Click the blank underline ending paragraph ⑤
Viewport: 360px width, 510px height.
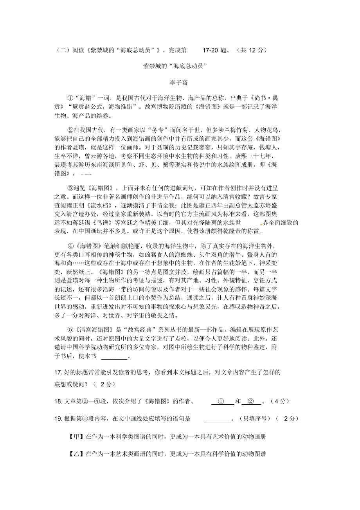click(x=114, y=357)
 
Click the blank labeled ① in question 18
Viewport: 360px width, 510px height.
click(x=220, y=402)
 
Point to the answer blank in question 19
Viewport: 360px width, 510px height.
click(x=217, y=419)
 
